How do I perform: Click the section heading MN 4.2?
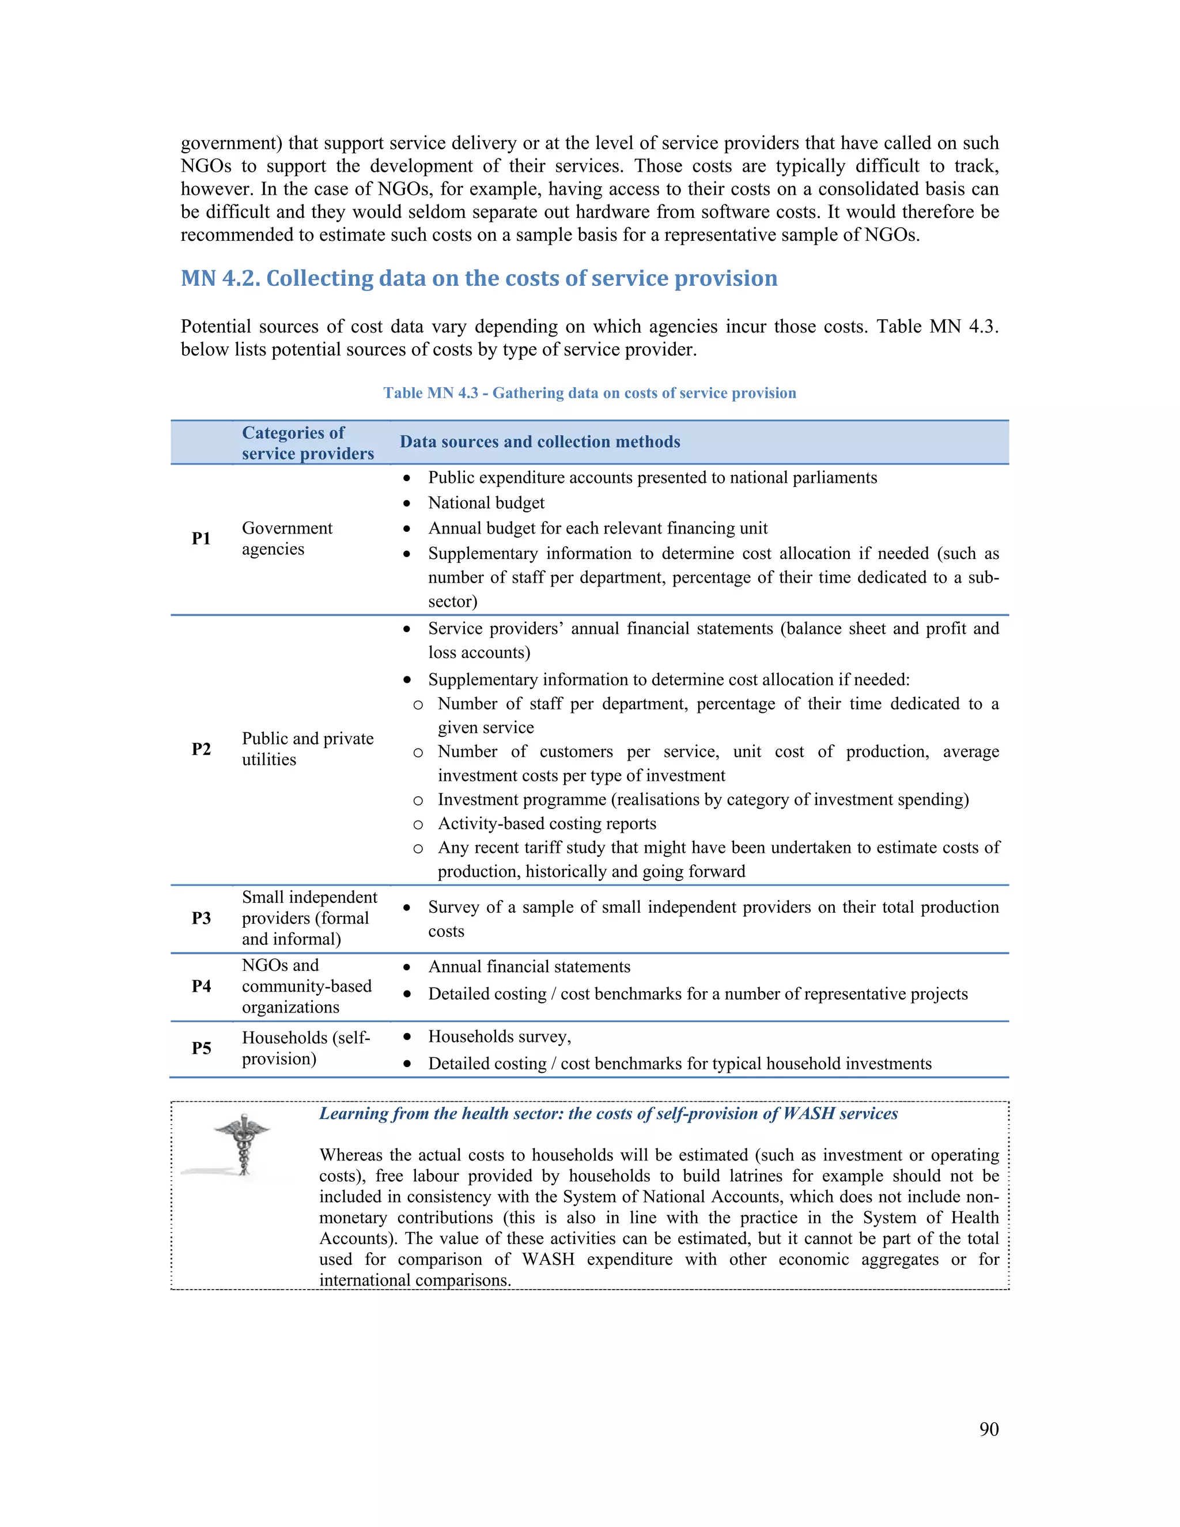tap(479, 278)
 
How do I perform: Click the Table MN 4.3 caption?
tap(589, 393)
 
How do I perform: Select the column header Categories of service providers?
tap(308, 443)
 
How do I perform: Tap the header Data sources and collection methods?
tap(540, 442)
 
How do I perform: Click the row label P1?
tap(201, 538)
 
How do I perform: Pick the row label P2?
tap(201, 749)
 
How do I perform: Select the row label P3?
tap(201, 918)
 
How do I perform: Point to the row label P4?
tap(201, 986)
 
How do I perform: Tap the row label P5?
tap(201, 1048)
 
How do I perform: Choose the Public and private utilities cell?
tap(308, 749)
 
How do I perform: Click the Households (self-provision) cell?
tap(305, 1048)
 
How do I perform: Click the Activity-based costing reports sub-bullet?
tap(547, 823)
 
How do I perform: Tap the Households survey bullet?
tap(499, 1036)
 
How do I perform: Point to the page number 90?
tap(989, 1429)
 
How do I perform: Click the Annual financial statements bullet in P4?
tap(529, 966)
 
